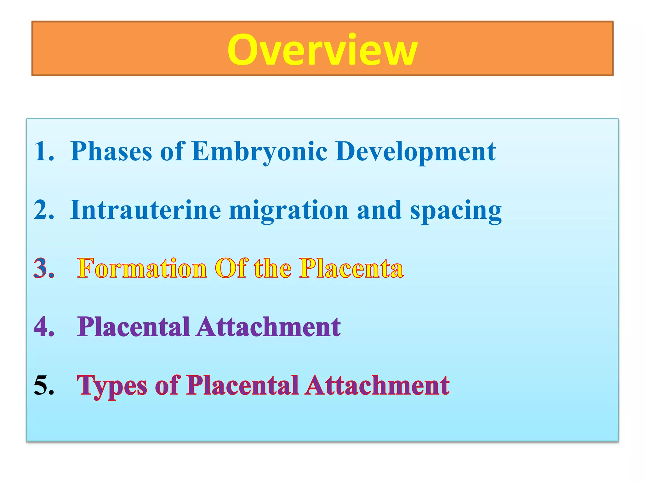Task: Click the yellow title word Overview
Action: pos(322,50)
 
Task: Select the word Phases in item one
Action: pos(111,152)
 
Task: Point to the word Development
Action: pos(415,152)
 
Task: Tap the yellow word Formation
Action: pos(142,268)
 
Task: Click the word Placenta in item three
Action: pos(351,268)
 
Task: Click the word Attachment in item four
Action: pos(269,327)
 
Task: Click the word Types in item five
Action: pos(112,386)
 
